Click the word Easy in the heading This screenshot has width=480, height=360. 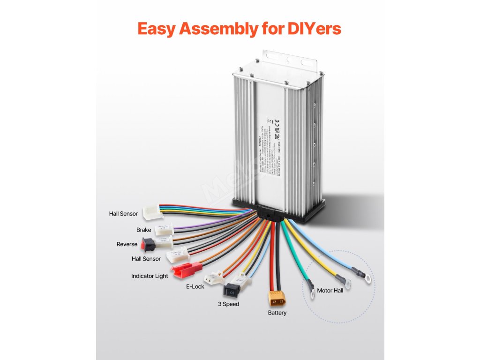click(157, 29)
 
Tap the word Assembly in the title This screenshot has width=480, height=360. click(217, 29)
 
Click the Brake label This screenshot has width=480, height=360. click(143, 230)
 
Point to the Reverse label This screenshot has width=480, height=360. click(127, 244)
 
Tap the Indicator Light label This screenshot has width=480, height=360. click(150, 276)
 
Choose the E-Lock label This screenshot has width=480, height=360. click(195, 286)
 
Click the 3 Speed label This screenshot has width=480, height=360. click(228, 304)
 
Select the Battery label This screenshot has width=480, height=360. click(277, 313)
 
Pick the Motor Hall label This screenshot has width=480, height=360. click(330, 291)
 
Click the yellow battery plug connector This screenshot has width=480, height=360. click(275, 299)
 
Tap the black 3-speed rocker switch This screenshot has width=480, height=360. click(232, 290)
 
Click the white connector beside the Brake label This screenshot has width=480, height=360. click(165, 229)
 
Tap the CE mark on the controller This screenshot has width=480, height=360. click(277, 123)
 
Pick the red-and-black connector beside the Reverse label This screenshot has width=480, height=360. click(149, 244)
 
